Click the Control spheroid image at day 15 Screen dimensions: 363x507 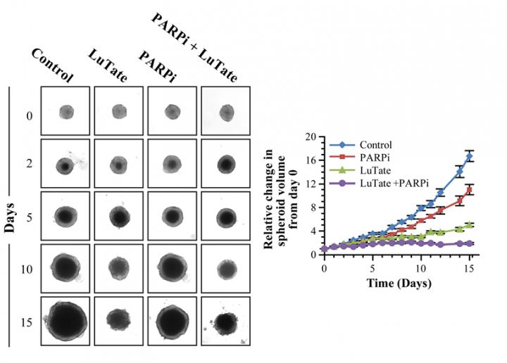[x=65, y=321]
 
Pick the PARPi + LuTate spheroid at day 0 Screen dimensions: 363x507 [x=226, y=112]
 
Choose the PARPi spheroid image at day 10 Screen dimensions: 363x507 [x=173, y=267]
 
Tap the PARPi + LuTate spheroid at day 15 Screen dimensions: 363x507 [x=226, y=321]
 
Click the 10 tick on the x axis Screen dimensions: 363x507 [x=420, y=269]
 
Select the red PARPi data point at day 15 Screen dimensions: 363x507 [x=469, y=190]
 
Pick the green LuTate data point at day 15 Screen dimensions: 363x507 [x=469, y=225]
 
